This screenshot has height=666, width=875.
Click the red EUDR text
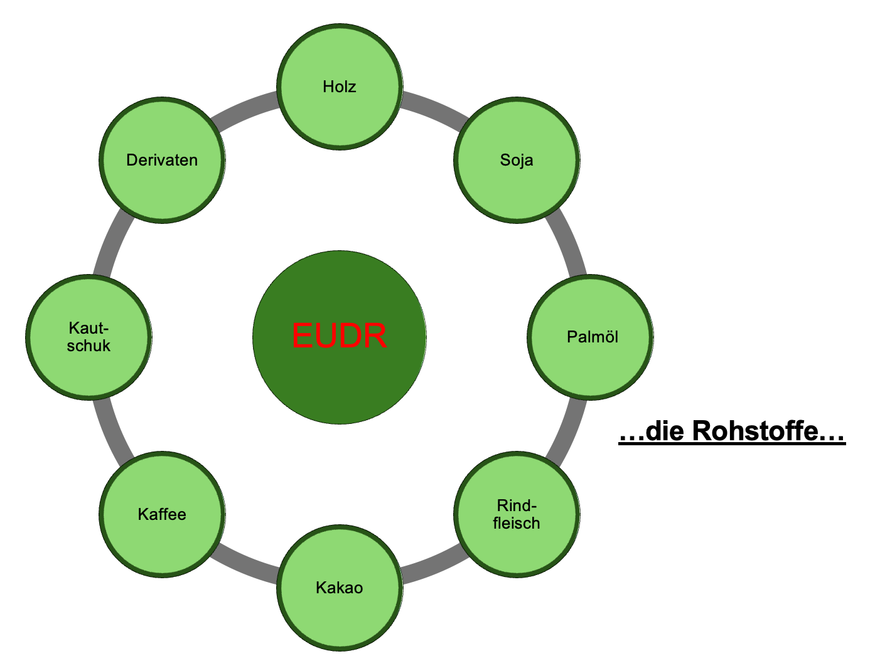tap(339, 336)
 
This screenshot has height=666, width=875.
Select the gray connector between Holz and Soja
tap(433, 107)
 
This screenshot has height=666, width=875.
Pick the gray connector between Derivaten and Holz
tap(245, 108)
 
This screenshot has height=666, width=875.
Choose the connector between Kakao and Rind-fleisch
tap(433, 566)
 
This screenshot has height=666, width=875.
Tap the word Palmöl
tap(592, 337)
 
